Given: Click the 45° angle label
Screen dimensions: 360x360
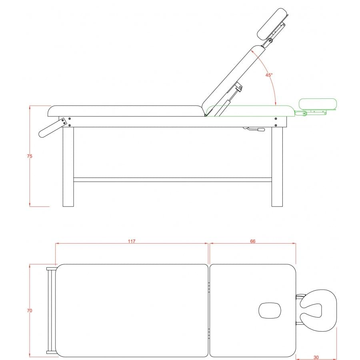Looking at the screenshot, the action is click(269, 75).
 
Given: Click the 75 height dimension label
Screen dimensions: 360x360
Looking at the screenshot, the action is click(30, 156).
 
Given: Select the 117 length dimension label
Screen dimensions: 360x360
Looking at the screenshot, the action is click(132, 241).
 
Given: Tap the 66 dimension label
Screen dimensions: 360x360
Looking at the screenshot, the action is click(252, 241).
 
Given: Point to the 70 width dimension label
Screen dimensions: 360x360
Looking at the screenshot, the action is click(30, 311).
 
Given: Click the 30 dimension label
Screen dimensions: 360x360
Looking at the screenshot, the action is click(316, 357).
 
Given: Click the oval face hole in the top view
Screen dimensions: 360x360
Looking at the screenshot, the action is click(270, 310).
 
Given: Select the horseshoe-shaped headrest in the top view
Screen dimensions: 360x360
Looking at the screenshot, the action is click(318, 310).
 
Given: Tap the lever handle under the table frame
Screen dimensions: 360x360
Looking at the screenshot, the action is click(254, 129).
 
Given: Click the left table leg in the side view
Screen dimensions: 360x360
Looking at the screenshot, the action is click(68, 167).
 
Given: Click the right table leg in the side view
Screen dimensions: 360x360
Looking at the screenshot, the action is click(277, 167).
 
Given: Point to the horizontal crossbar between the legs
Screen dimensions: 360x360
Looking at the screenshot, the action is click(173, 180).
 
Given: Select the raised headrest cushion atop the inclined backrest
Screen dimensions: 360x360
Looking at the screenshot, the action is click(272, 24).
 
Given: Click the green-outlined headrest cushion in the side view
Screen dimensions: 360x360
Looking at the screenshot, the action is click(318, 104).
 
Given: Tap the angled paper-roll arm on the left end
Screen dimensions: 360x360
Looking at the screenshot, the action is click(52, 128).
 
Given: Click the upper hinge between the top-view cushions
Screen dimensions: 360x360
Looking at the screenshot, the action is click(209, 287).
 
